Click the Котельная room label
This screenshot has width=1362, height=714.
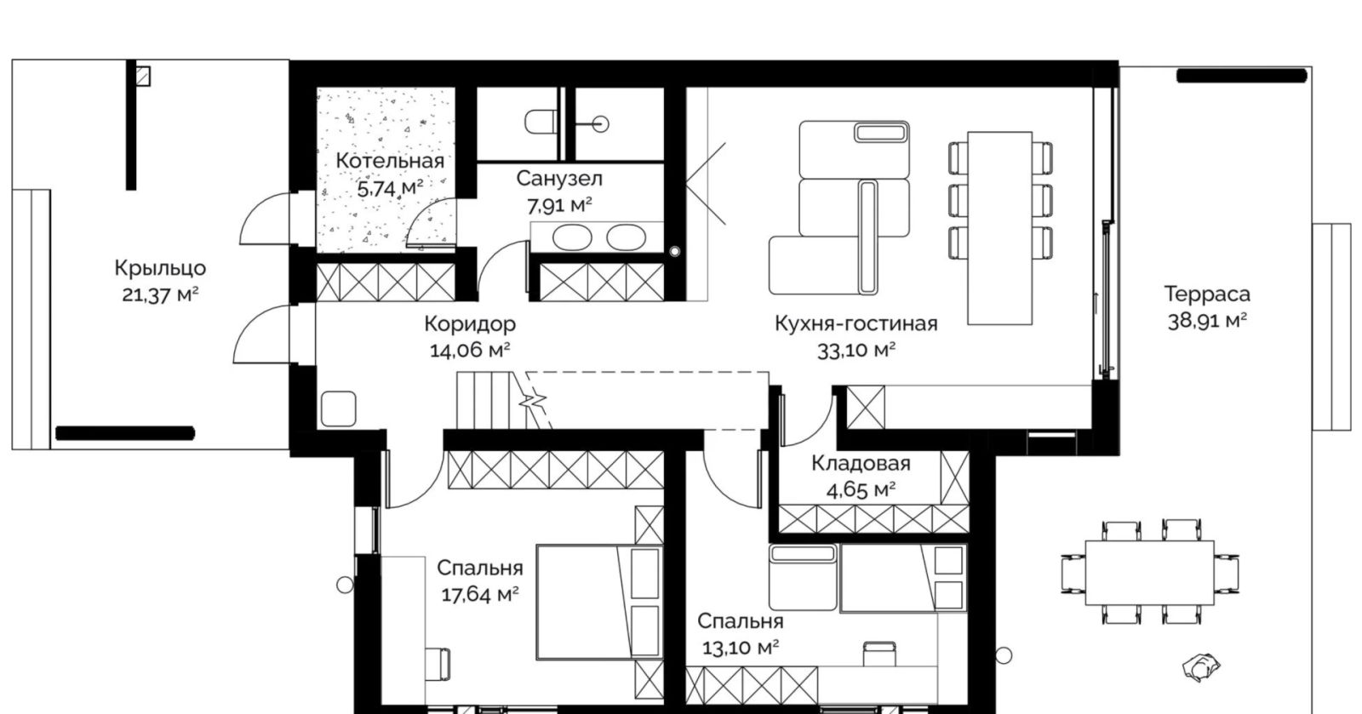(x=390, y=161)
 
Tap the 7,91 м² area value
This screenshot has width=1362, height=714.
(x=559, y=206)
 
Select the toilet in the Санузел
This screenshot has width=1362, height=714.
(x=541, y=123)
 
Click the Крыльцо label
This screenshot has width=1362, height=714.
(x=161, y=268)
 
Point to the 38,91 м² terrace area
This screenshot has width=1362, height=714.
(x=1207, y=320)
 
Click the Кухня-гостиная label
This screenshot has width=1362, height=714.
(x=856, y=323)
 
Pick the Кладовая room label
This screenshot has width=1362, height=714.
(x=861, y=463)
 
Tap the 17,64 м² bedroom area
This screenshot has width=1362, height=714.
(x=480, y=594)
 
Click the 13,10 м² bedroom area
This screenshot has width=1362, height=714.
(x=741, y=648)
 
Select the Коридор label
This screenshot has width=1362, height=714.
(x=470, y=324)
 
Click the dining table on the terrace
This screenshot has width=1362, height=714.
(x=1150, y=573)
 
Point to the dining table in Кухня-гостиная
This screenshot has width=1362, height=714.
(x=999, y=228)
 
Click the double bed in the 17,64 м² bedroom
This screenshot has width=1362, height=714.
(x=599, y=603)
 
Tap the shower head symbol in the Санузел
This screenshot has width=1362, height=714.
(x=600, y=124)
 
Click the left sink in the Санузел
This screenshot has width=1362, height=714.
(x=572, y=237)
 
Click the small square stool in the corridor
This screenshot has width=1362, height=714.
(x=338, y=408)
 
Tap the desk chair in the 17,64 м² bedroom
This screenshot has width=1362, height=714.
(x=438, y=664)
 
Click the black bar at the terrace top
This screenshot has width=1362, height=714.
(x=1242, y=76)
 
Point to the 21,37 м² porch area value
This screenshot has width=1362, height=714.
(x=161, y=295)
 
